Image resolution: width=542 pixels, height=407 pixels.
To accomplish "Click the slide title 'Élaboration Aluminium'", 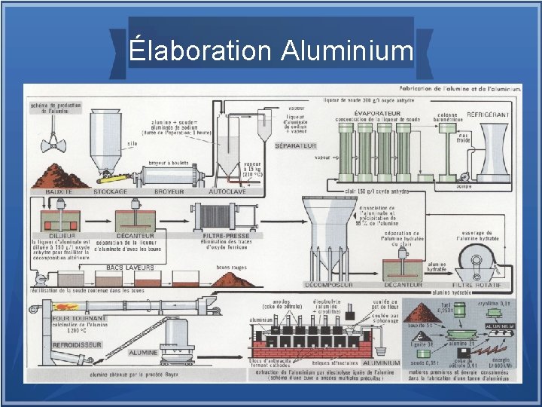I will pyautogui.click(x=271, y=50).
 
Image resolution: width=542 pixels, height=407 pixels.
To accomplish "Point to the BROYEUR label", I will pyautogui.click(x=169, y=192).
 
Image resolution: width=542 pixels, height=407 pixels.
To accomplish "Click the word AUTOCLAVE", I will pyautogui.click(x=229, y=192).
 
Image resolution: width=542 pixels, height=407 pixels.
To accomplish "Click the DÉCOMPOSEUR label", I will pyautogui.click(x=330, y=285).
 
